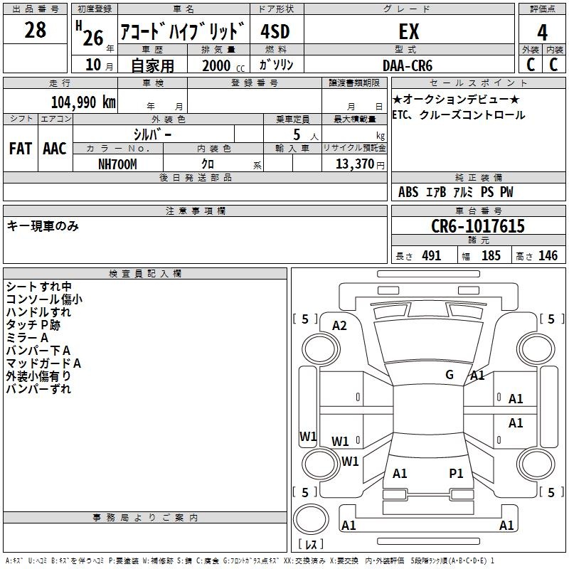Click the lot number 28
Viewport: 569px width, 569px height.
tap(35, 30)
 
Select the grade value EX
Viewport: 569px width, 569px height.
tap(409, 31)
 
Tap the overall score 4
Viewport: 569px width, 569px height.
tap(542, 33)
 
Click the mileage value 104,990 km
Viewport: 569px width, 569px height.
tap(83, 102)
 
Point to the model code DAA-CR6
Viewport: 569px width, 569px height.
tap(408, 65)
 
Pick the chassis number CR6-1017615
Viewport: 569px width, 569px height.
tap(478, 226)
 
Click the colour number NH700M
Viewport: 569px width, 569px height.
tap(117, 164)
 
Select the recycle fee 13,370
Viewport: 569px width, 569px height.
tap(354, 164)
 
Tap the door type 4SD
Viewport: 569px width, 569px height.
tap(275, 31)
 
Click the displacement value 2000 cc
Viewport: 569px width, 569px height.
tap(223, 66)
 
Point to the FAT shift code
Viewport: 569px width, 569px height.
tap(21, 149)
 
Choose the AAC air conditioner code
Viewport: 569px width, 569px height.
tap(55, 149)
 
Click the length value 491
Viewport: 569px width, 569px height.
tap(432, 256)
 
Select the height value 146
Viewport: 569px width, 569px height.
tap(548, 256)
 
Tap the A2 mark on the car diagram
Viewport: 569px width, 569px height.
tap(339, 326)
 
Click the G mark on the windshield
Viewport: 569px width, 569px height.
tap(450, 375)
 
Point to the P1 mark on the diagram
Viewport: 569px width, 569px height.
tap(456, 474)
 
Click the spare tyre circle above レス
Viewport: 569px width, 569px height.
tap(311, 519)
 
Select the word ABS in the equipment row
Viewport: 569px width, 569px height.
tap(408, 192)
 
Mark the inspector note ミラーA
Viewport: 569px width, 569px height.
tap(27, 338)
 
